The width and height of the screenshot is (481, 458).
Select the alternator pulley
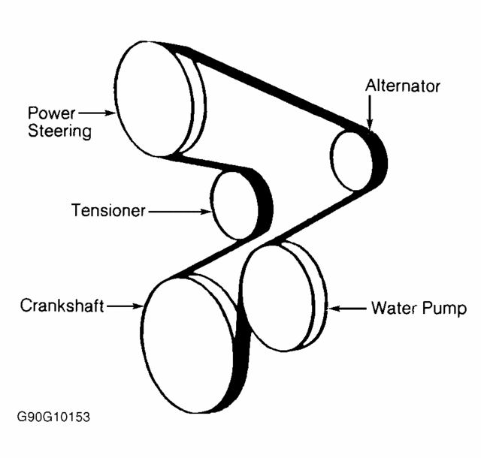pyautogui.click(x=352, y=160)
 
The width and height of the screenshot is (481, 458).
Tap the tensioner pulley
pyautogui.click(x=234, y=204)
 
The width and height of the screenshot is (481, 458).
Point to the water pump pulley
pyautogui.click(x=279, y=297)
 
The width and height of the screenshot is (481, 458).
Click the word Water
pyautogui.click(x=390, y=308)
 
